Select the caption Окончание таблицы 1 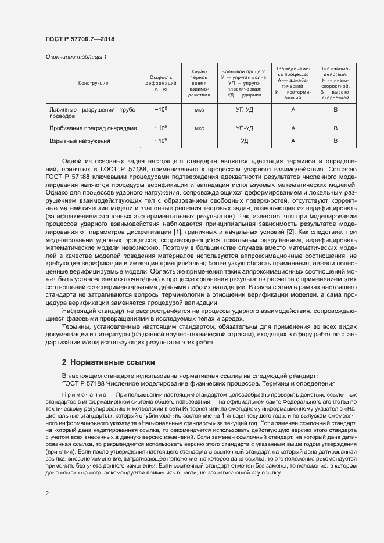(76, 56)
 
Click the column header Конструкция (93, 84)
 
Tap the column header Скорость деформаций (160, 84)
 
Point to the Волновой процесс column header (244, 84)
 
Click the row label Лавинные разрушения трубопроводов (91, 113)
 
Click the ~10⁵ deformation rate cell (160, 109)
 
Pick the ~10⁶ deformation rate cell (160, 128)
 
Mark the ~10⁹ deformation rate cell (160, 141)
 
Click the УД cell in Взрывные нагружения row (244, 141)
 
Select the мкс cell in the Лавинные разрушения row (199, 109)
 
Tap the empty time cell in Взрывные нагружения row (199, 141)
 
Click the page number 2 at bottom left (47, 494)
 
